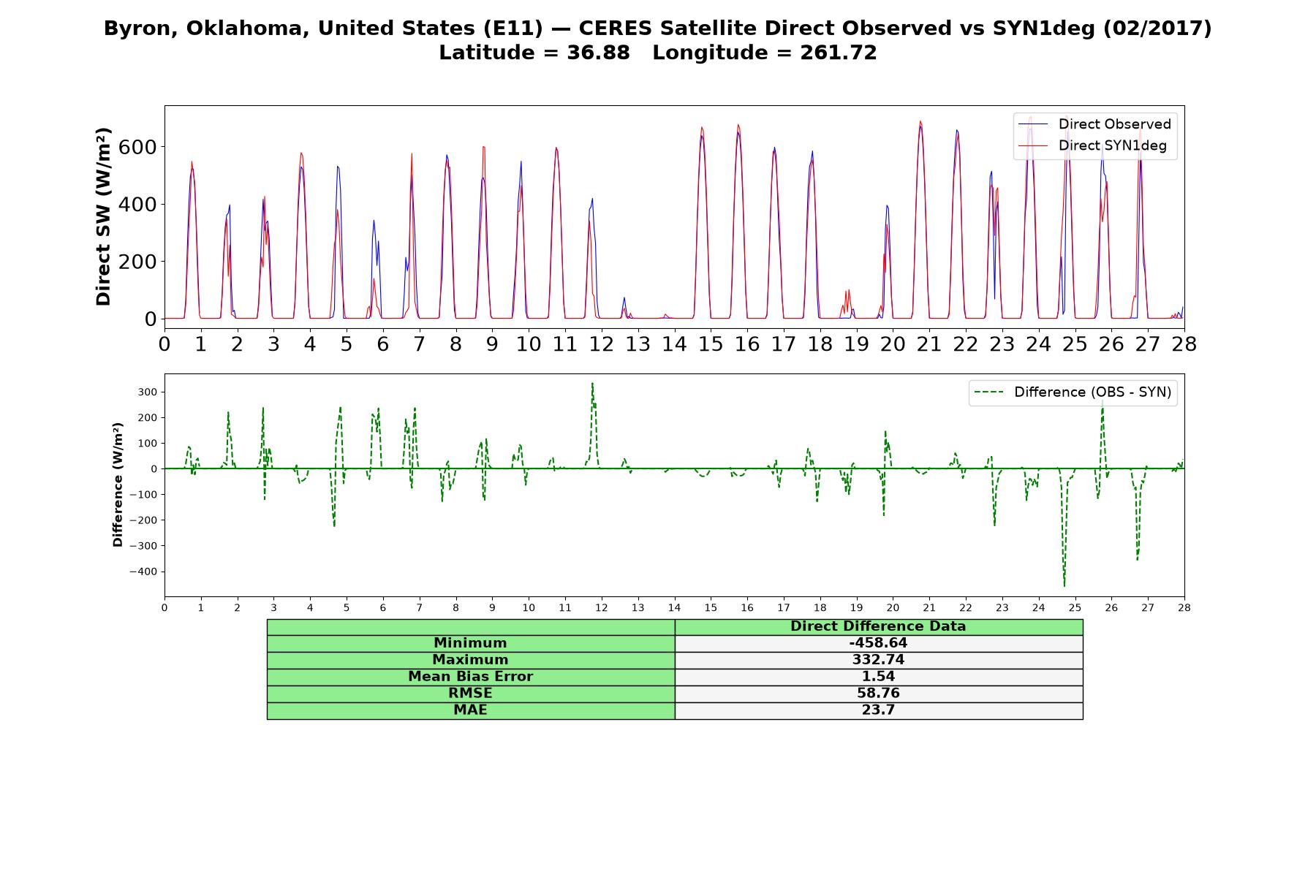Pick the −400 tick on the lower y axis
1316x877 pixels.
143,572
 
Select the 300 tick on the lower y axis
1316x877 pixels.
148,392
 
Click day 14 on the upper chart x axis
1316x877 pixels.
674,343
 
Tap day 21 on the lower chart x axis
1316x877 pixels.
929,607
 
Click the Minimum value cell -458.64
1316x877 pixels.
878,643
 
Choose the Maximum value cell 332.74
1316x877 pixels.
878,660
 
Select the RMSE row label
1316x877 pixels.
471,694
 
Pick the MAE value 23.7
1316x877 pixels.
878,710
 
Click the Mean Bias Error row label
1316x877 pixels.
471,677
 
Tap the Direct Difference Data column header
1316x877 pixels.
878,626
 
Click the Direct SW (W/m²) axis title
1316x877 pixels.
104,217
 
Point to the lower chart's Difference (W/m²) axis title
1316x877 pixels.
118,485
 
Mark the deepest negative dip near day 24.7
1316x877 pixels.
1064,585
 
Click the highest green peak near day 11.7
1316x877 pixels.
592,383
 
